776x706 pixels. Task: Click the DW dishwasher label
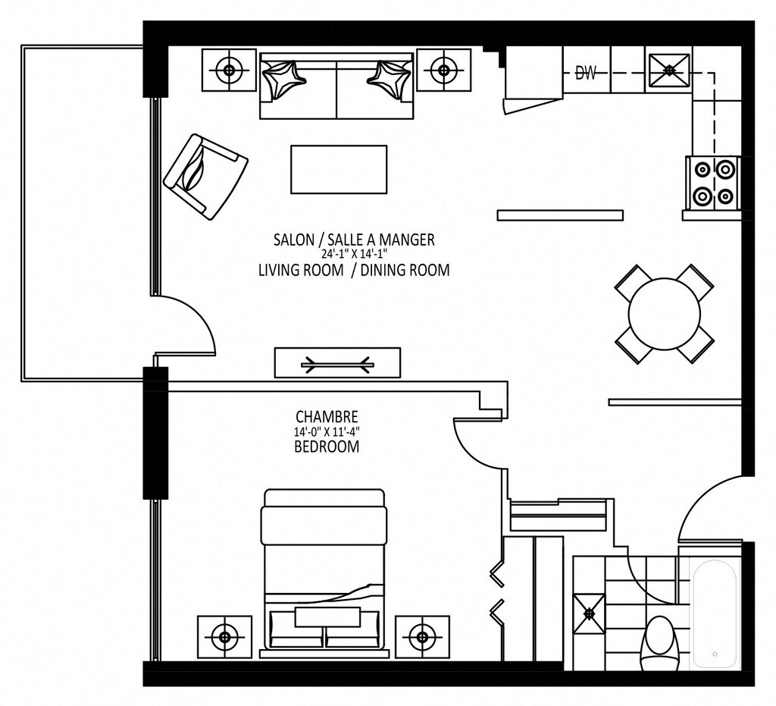click(x=587, y=74)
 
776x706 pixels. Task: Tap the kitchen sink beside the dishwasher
click(x=670, y=71)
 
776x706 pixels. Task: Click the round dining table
click(x=664, y=314)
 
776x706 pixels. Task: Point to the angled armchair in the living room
click(x=206, y=176)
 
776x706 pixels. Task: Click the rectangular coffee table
click(x=339, y=169)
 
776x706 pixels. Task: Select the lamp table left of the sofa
click(x=229, y=70)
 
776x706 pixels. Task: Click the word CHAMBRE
click(x=327, y=416)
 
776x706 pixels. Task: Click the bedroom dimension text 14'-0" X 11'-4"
click(x=327, y=431)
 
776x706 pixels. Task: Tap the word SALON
click(x=293, y=240)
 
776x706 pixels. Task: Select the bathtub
click(x=715, y=615)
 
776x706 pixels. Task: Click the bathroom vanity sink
click(x=589, y=613)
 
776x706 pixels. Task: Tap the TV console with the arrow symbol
click(x=337, y=363)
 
